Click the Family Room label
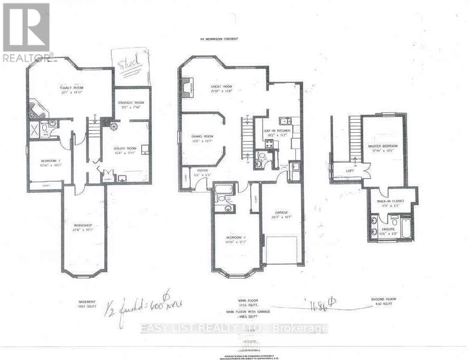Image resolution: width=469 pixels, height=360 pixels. click(71, 88)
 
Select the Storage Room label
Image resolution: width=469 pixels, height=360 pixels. click(131, 103)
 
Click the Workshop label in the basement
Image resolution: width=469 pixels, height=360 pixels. click(83, 225)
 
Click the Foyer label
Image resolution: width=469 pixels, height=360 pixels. click(202, 170)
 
